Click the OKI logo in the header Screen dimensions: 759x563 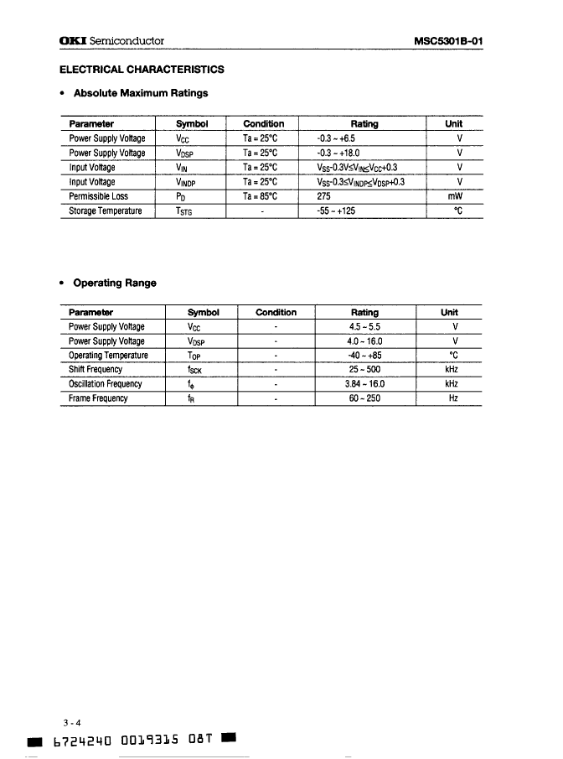[72, 41]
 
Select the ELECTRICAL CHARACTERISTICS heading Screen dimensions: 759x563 [142, 69]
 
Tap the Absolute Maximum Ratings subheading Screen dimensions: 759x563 [141, 93]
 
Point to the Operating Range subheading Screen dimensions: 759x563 [115, 283]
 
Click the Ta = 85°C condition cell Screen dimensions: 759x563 [263, 195]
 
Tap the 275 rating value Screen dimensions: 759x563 [325, 195]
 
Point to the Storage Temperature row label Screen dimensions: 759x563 [106, 211]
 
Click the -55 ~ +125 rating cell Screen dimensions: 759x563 [336, 211]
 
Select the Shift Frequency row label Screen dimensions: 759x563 [96, 369]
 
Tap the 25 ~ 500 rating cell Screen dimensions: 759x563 [364, 369]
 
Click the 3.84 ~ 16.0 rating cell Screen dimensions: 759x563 [364, 384]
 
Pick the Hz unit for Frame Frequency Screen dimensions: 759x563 [453, 398]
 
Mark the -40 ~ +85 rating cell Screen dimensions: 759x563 [364, 355]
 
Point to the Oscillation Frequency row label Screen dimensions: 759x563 [106, 384]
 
